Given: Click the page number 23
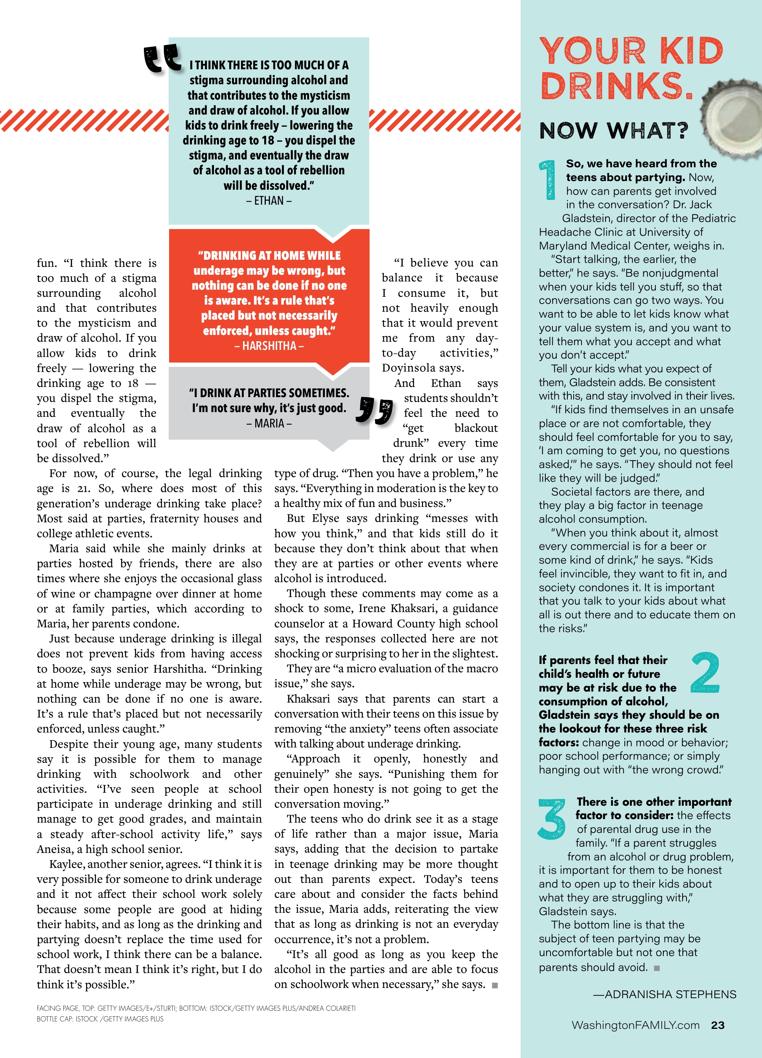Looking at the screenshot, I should coord(717,1025).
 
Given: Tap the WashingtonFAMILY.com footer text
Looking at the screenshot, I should coord(635,1025).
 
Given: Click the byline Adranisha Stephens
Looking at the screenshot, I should coord(664,994).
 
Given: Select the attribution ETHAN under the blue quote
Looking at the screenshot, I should coord(269,201).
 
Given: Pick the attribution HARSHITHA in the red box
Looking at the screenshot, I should coord(269,346).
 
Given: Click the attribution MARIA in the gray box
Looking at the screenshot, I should coord(269,424).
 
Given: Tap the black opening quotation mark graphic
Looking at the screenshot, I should coord(162,59).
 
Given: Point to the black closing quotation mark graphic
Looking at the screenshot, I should coord(374,410).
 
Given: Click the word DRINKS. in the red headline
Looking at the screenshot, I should coord(616,86).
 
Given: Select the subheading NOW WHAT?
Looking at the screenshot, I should coord(613,131).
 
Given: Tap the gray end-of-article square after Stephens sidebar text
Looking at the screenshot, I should coord(657,968).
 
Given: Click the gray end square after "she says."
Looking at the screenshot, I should coord(495,985).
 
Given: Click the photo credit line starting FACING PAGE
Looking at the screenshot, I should coord(196,1008).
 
